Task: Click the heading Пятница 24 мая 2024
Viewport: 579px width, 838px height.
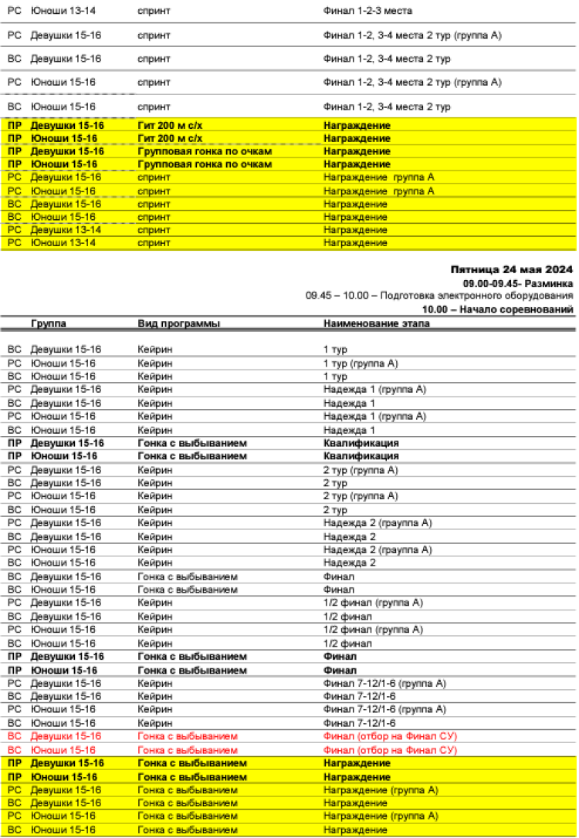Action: click(511, 270)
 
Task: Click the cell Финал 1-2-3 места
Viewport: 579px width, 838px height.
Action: click(367, 12)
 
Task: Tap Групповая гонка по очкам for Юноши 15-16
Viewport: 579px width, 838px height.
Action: click(205, 164)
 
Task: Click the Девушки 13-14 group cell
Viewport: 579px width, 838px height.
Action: click(66, 230)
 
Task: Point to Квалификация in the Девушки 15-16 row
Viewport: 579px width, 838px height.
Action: click(361, 444)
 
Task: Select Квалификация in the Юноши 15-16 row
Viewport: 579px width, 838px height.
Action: click(361, 457)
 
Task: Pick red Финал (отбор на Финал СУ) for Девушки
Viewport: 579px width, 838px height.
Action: click(390, 736)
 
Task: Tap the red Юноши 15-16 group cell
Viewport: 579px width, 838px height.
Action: click(63, 749)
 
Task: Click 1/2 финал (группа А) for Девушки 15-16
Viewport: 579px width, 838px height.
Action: click(373, 603)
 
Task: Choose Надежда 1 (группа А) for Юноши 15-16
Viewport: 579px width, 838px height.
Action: click(374, 417)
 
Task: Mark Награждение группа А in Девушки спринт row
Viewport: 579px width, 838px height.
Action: click(378, 177)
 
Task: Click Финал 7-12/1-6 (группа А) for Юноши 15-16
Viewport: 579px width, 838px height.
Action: click(384, 709)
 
